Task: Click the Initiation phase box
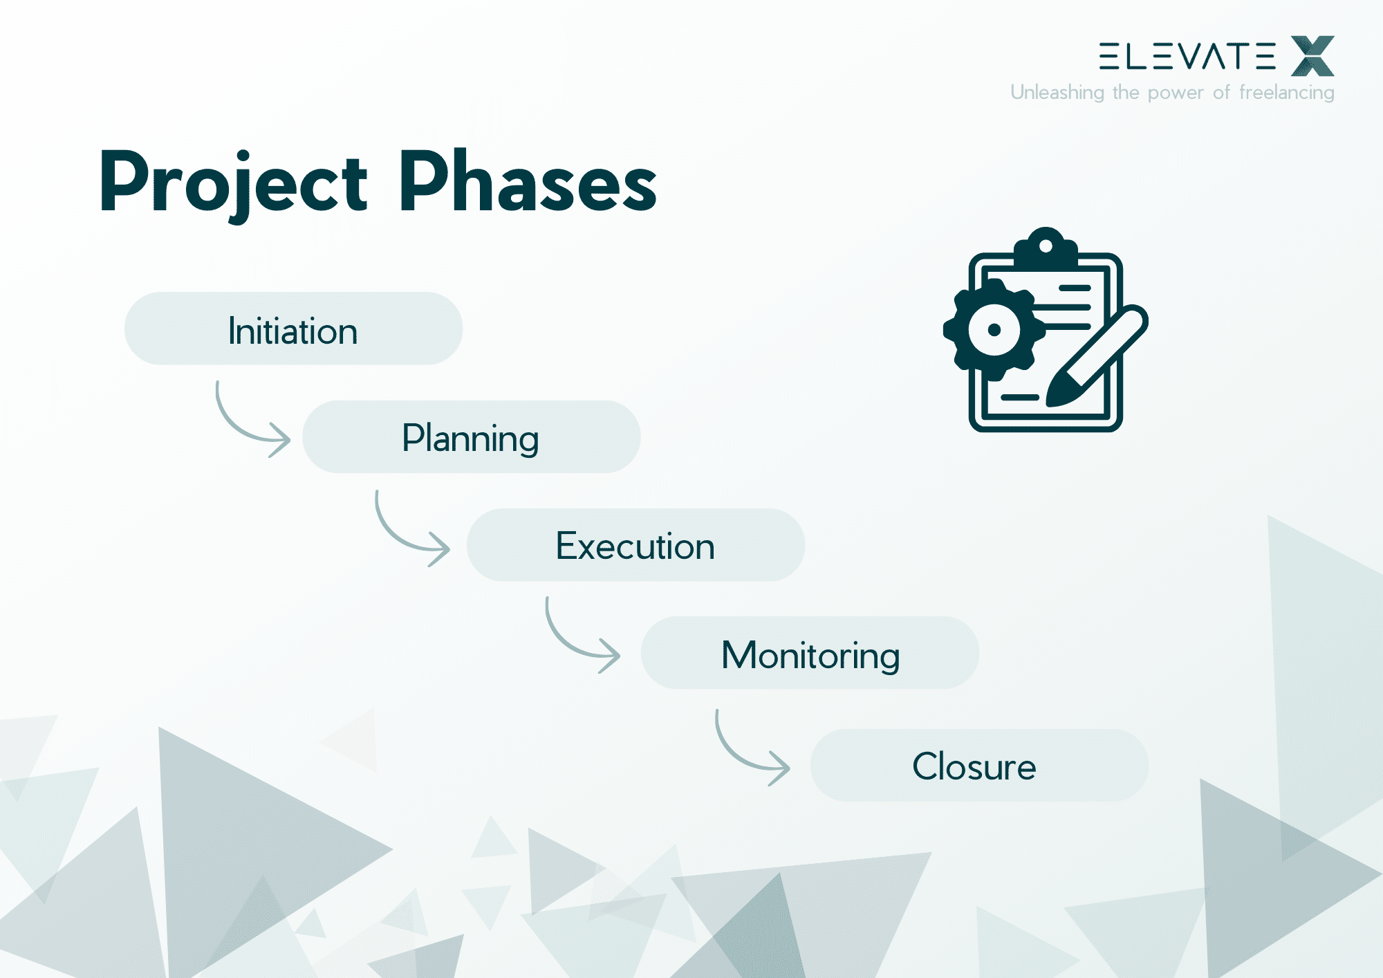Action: [293, 329]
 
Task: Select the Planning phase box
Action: [471, 437]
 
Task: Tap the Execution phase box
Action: [635, 545]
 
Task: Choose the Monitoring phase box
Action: [810, 653]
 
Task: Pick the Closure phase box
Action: [978, 766]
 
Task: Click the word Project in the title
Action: [233, 183]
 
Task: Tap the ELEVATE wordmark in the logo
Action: [1187, 56]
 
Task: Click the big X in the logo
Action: [1312, 56]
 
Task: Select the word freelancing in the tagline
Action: [1286, 93]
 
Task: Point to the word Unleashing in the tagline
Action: [1057, 93]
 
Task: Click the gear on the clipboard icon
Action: [994, 330]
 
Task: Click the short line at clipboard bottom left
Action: [1019, 398]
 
